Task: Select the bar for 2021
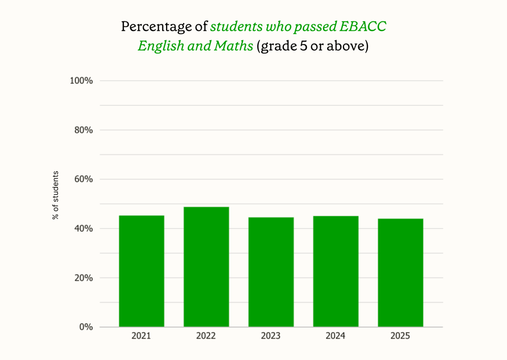(x=141, y=271)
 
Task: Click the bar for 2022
(x=206, y=267)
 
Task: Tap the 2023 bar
(x=271, y=272)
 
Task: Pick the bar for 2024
(x=336, y=271)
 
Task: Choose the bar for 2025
(x=400, y=272)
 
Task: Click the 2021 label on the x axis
(x=141, y=336)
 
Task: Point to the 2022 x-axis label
(x=206, y=336)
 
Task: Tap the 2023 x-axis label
(x=271, y=336)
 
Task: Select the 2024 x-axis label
(x=336, y=336)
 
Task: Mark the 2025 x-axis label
(x=400, y=336)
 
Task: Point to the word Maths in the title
(x=234, y=47)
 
